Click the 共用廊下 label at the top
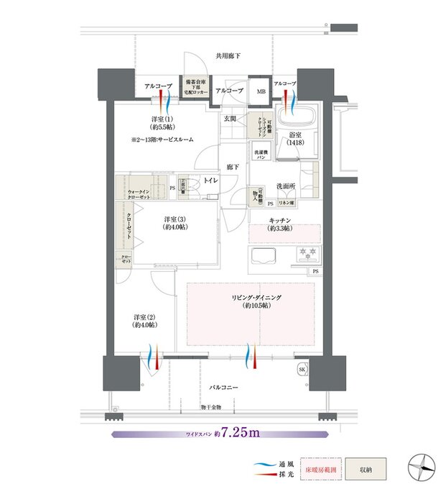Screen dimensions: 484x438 click(228, 55)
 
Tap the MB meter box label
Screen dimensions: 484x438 click(261, 91)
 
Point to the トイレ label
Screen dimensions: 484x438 click(211, 181)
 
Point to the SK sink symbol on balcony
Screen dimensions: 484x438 click(303, 370)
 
